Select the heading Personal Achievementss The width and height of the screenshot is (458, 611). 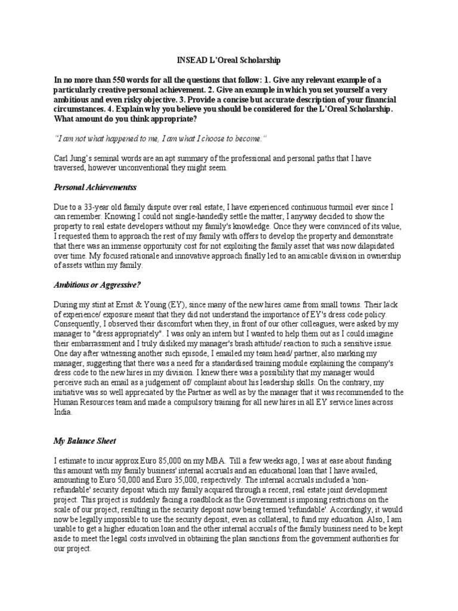coord(95,187)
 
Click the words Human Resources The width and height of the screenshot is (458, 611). coord(83,402)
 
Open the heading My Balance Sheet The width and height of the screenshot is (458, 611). coord(85,441)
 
